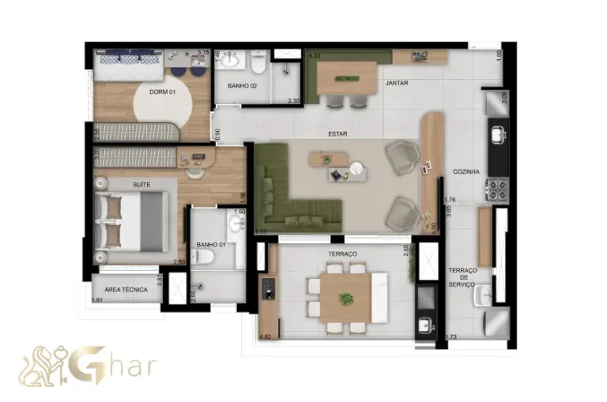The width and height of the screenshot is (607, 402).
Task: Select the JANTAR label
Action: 397,82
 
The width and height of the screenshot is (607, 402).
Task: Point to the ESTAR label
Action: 338,134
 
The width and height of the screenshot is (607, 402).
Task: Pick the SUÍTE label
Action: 141,184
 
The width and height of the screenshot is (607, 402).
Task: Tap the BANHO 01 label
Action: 211,245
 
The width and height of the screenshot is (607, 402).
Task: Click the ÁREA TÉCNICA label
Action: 126,290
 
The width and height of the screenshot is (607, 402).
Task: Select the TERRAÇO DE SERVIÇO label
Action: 463,277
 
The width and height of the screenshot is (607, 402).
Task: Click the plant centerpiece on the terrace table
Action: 345,299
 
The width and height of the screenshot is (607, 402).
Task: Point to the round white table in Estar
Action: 358,167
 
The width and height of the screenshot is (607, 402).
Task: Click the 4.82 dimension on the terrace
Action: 266,337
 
